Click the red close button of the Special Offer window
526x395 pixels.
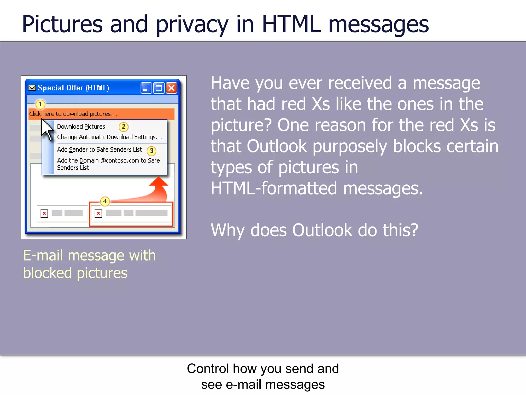tap(172, 88)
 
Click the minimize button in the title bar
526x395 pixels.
tap(146, 88)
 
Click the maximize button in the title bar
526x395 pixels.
tap(159, 88)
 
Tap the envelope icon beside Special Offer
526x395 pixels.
tap(32, 88)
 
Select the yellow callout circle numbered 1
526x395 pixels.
tap(40, 104)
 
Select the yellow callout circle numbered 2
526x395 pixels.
tap(124, 127)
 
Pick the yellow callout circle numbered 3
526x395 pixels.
tap(152, 151)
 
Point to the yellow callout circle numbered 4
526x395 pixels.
tap(105, 201)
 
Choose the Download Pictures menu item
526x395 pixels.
tap(81, 127)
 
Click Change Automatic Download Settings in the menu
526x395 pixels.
tap(109, 137)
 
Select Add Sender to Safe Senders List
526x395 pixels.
tap(99, 150)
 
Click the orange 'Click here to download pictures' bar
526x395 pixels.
tap(101, 114)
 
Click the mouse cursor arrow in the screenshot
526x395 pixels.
tap(46, 129)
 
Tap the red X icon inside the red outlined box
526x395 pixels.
tap(98, 213)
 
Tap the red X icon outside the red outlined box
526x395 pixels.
tap(44, 213)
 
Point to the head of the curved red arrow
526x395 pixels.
tap(159, 182)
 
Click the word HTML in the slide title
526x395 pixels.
tap(291, 24)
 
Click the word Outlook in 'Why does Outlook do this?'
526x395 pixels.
tap(322, 230)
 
